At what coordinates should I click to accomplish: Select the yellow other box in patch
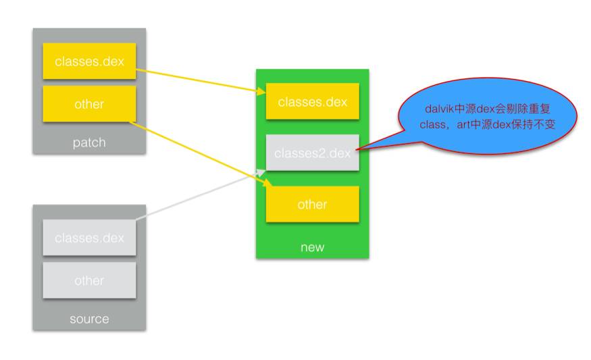[x=89, y=104]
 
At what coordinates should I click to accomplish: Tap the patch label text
[x=89, y=143]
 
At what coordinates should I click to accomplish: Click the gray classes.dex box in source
[x=89, y=238]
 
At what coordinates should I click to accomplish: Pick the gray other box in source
[x=89, y=280]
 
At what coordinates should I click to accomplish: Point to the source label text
[x=89, y=319]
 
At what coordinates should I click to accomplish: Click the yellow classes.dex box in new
[x=312, y=102]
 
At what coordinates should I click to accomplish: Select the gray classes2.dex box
[x=312, y=153]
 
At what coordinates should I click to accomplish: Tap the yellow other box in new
[x=312, y=204]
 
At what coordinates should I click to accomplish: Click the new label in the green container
[x=312, y=247]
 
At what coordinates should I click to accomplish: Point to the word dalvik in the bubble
[x=440, y=107]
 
